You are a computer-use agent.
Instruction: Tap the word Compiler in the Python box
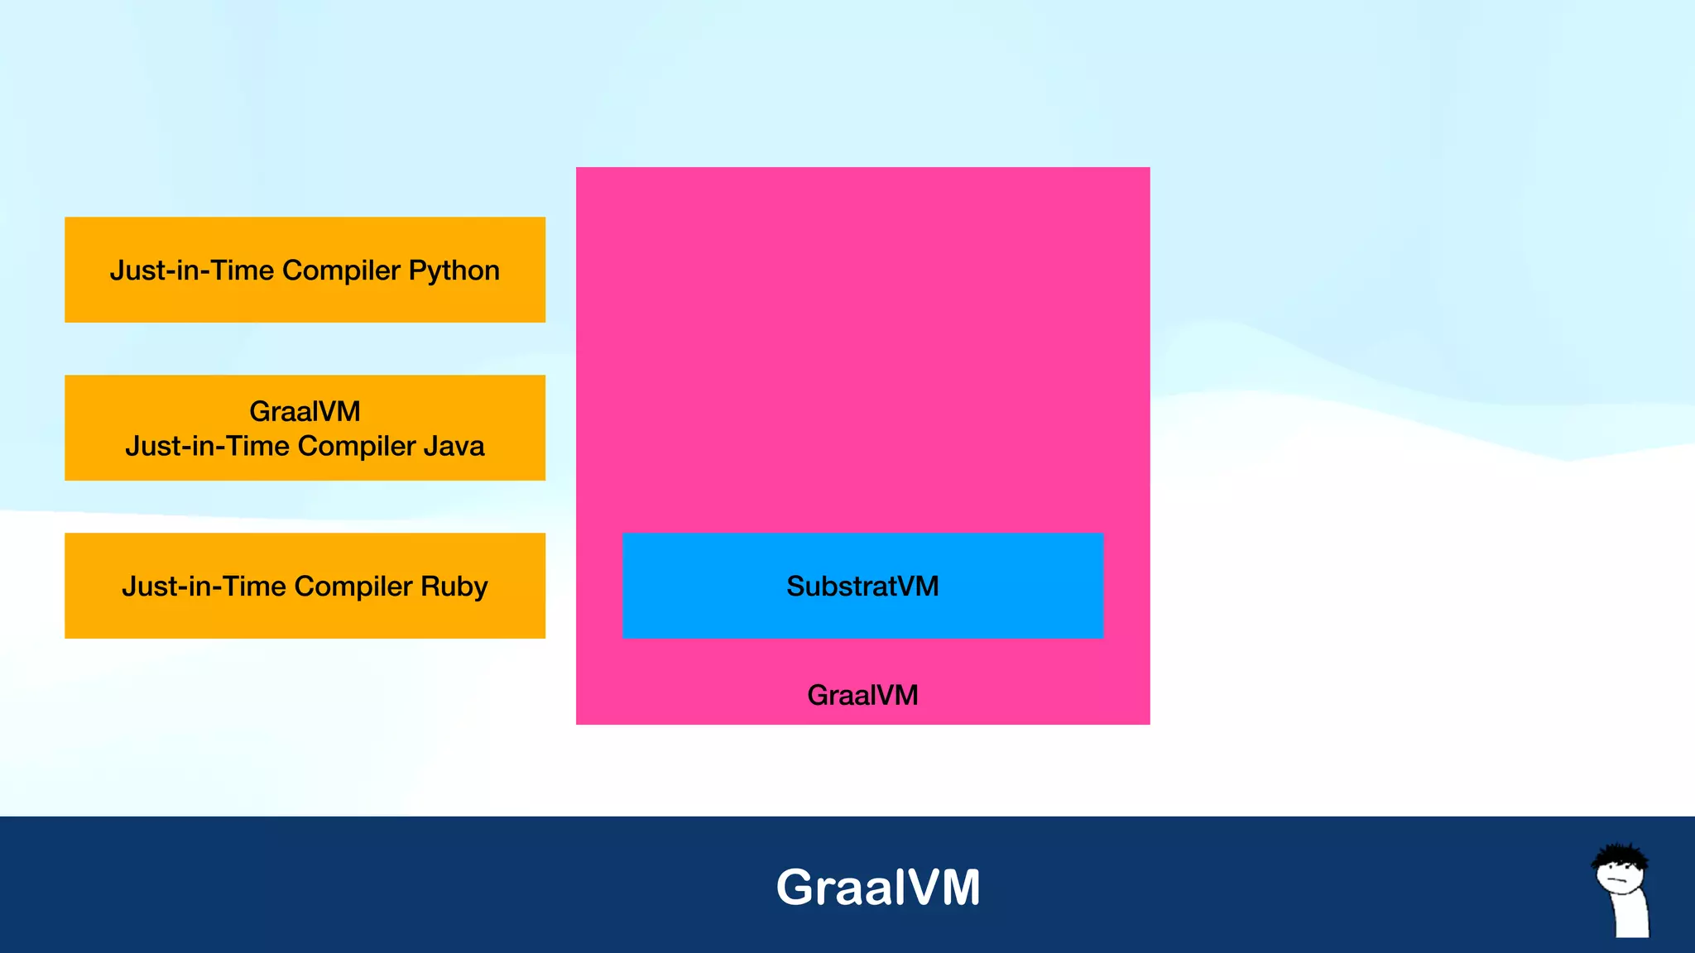341,271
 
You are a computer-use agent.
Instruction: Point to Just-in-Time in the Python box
192,271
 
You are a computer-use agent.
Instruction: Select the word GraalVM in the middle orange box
305,411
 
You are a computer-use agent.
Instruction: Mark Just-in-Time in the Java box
207,447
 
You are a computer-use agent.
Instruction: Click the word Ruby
454,587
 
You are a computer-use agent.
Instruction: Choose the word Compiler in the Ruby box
353,587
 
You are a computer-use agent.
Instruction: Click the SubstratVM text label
862,587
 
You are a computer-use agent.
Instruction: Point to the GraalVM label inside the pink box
862,695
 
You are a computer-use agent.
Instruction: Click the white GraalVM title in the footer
878,887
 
